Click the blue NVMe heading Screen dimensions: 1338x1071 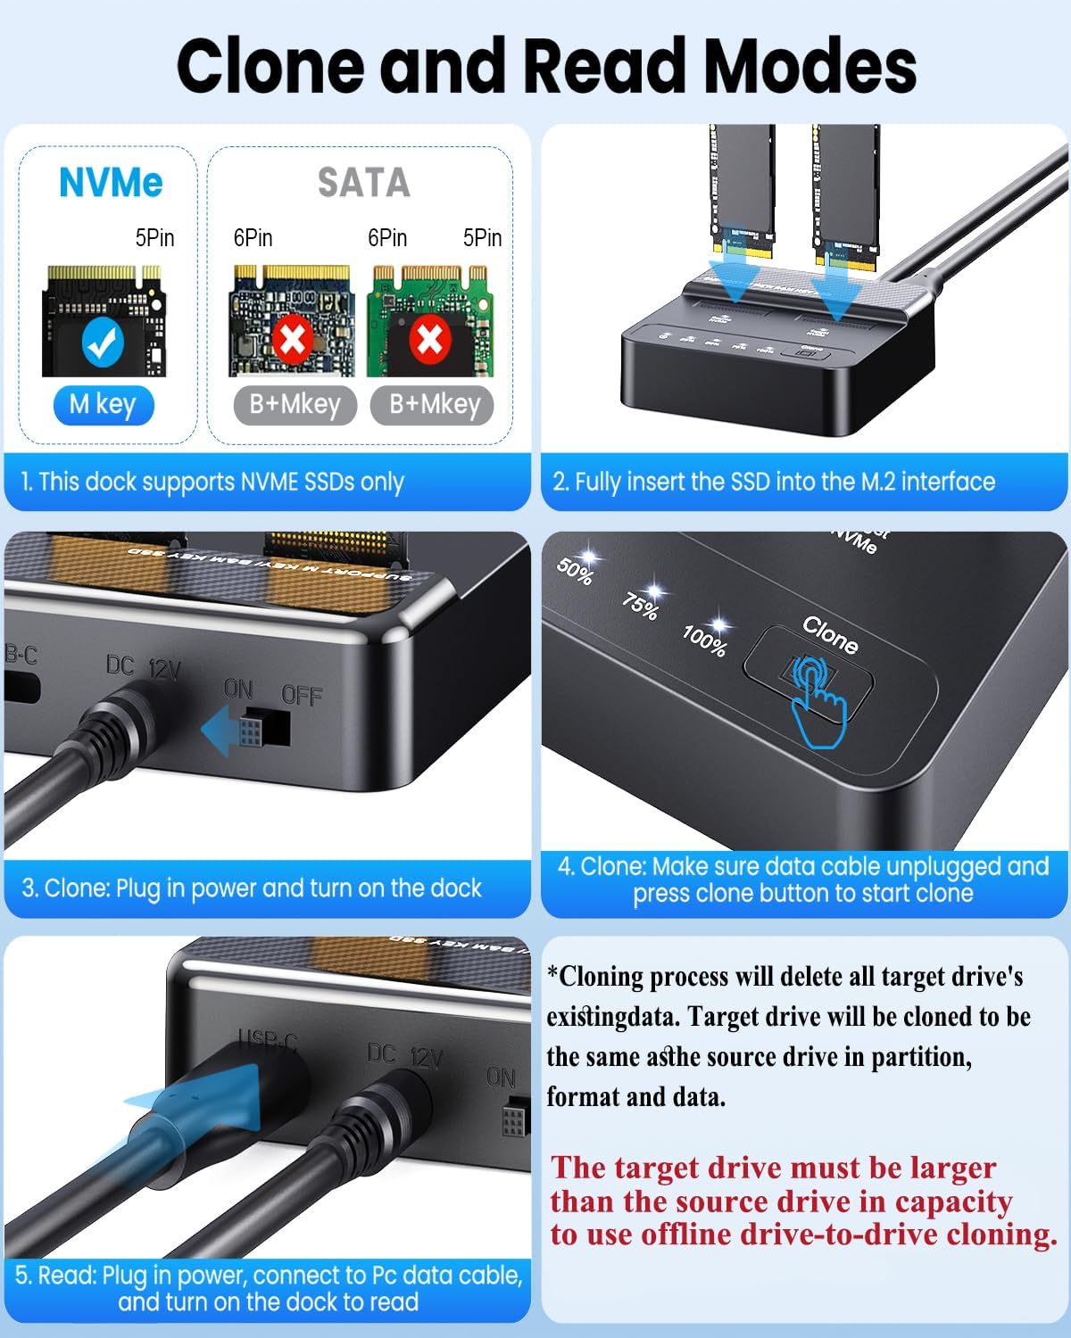[x=111, y=183]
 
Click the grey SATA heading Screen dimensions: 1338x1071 [x=363, y=183]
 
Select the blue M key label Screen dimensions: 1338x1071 [x=103, y=405]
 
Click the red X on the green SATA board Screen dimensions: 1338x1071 [x=429, y=340]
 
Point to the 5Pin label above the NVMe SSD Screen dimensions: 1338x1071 [x=154, y=238]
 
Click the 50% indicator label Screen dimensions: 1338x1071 [x=575, y=571]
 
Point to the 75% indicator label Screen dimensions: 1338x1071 [x=640, y=606]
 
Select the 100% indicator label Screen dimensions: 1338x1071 [x=704, y=640]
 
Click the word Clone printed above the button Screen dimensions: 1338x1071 [x=830, y=634]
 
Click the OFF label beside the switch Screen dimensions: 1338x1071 [x=302, y=695]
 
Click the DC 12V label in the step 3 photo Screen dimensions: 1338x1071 [x=143, y=666]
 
